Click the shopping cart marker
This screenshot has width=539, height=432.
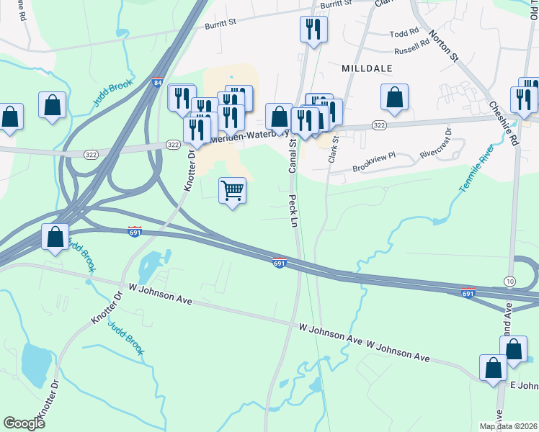pyautogui.click(x=232, y=191)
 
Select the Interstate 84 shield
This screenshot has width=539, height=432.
pyautogui.click(x=157, y=83)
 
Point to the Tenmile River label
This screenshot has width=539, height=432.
pyautogui.click(x=476, y=170)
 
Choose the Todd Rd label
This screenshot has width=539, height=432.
pyautogui.click(x=404, y=33)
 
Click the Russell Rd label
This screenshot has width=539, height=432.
pyautogui.click(x=411, y=51)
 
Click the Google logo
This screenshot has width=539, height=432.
pyautogui.click(x=24, y=423)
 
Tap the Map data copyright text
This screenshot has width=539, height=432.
pyautogui.click(x=508, y=426)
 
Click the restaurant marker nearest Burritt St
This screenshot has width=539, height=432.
pyautogui.click(x=313, y=29)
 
